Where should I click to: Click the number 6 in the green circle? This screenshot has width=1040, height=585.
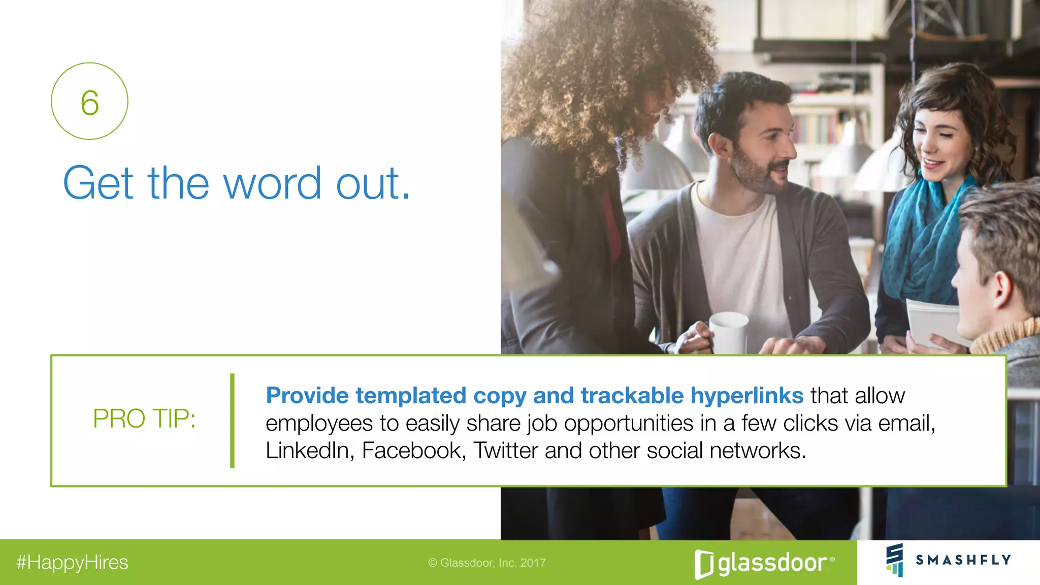tap(90, 103)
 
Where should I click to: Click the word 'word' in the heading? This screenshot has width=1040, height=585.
tap(272, 183)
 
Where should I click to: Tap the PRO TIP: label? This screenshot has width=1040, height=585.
tap(144, 419)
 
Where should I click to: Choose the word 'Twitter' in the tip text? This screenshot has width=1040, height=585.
tap(506, 450)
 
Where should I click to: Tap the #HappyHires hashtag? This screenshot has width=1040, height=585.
tap(72, 563)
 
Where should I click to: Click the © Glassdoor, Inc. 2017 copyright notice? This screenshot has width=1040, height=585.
tap(487, 563)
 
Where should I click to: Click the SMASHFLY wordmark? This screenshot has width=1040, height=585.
tap(963, 560)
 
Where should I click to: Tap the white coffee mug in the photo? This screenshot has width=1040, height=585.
tap(729, 333)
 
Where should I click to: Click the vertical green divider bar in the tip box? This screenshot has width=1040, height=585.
tap(232, 420)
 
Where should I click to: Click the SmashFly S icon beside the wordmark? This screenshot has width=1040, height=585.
tap(895, 560)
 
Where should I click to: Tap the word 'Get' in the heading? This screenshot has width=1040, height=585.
tap(99, 183)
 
